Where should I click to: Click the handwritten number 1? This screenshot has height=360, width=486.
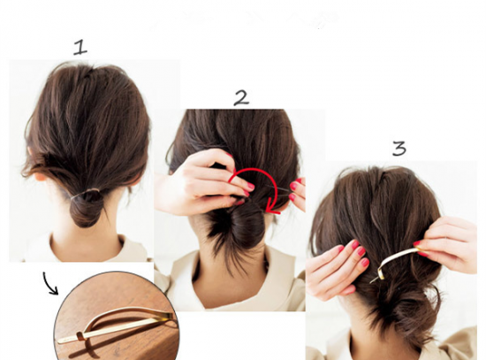[80, 48]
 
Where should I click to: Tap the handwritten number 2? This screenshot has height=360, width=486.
[241, 98]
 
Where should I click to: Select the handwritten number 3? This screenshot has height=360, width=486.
[399, 149]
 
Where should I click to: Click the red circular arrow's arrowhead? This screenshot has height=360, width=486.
[273, 209]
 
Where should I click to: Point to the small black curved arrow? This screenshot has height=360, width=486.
[49, 283]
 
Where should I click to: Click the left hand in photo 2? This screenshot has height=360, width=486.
[201, 183]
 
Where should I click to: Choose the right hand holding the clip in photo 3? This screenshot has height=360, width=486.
[446, 245]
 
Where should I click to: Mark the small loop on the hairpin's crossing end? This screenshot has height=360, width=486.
[80, 336]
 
